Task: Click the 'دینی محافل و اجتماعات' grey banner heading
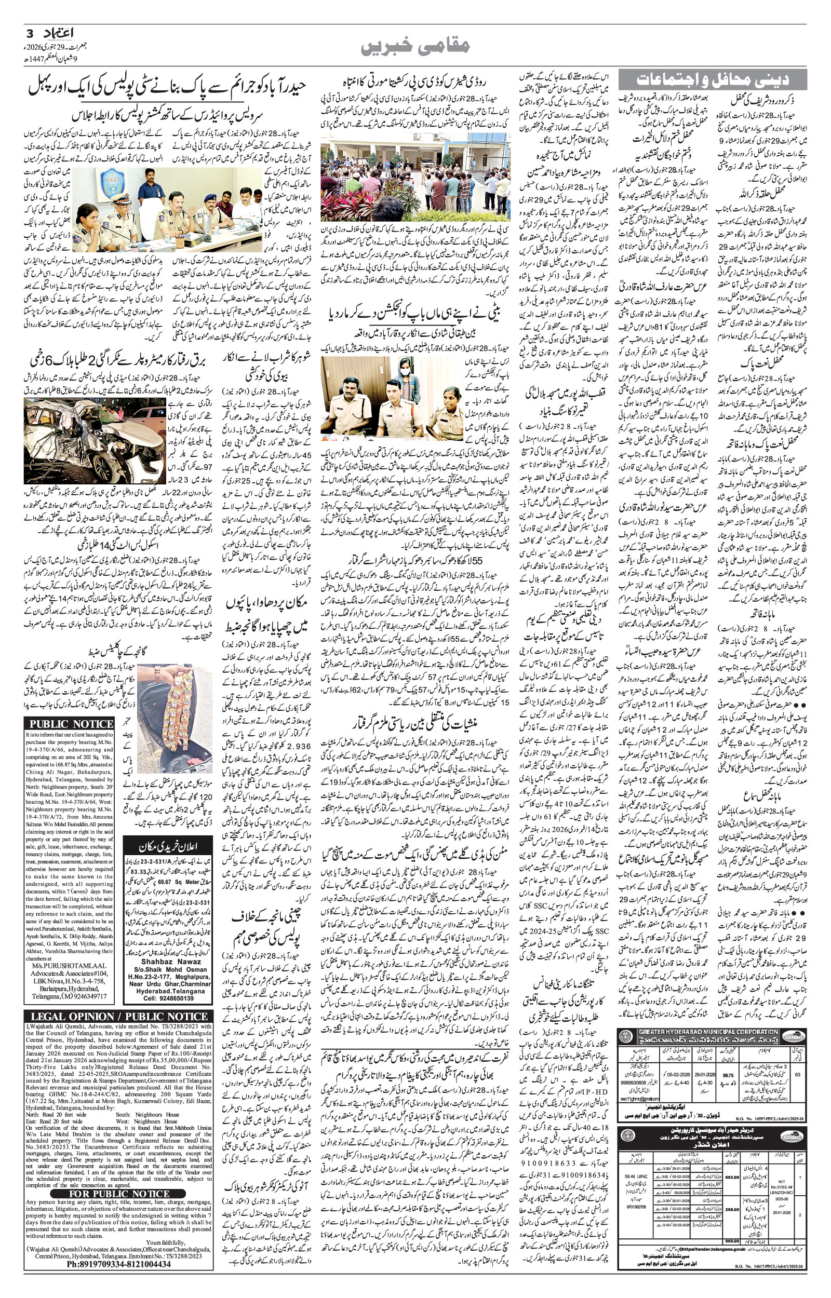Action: (712, 79)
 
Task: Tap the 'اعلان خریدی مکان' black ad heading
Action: (164, 846)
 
